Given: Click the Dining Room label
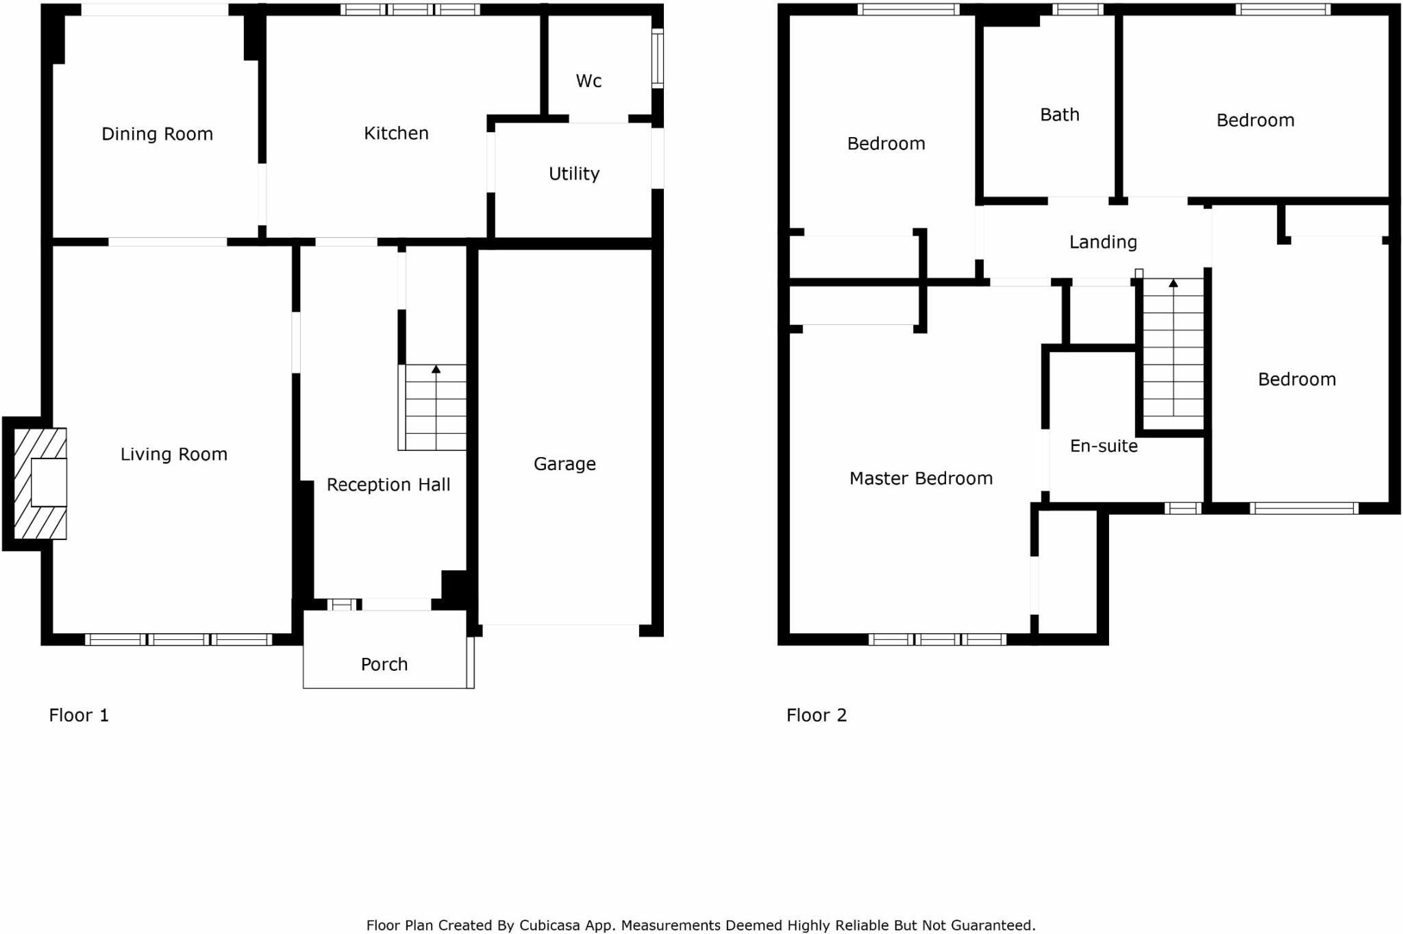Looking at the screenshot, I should [157, 134].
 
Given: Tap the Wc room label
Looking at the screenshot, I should [588, 81].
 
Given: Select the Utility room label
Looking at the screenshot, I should [574, 173].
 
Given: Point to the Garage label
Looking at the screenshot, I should [564, 464].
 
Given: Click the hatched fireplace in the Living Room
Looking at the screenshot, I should [40, 483].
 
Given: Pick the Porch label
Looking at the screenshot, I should [384, 664].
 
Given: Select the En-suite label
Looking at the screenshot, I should [1104, 446].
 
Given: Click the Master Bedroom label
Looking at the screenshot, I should [921, 478].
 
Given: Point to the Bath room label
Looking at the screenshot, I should [1059, 114].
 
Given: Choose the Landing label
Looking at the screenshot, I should [1103, 242].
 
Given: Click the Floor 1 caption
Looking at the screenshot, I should [79, 715].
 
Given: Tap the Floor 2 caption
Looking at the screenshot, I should [817, 715].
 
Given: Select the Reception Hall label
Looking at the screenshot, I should [388, 485].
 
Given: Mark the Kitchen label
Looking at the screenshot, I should [396, 133].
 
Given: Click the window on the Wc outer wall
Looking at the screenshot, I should [657, 58].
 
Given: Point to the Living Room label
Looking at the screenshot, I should [174, 454].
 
